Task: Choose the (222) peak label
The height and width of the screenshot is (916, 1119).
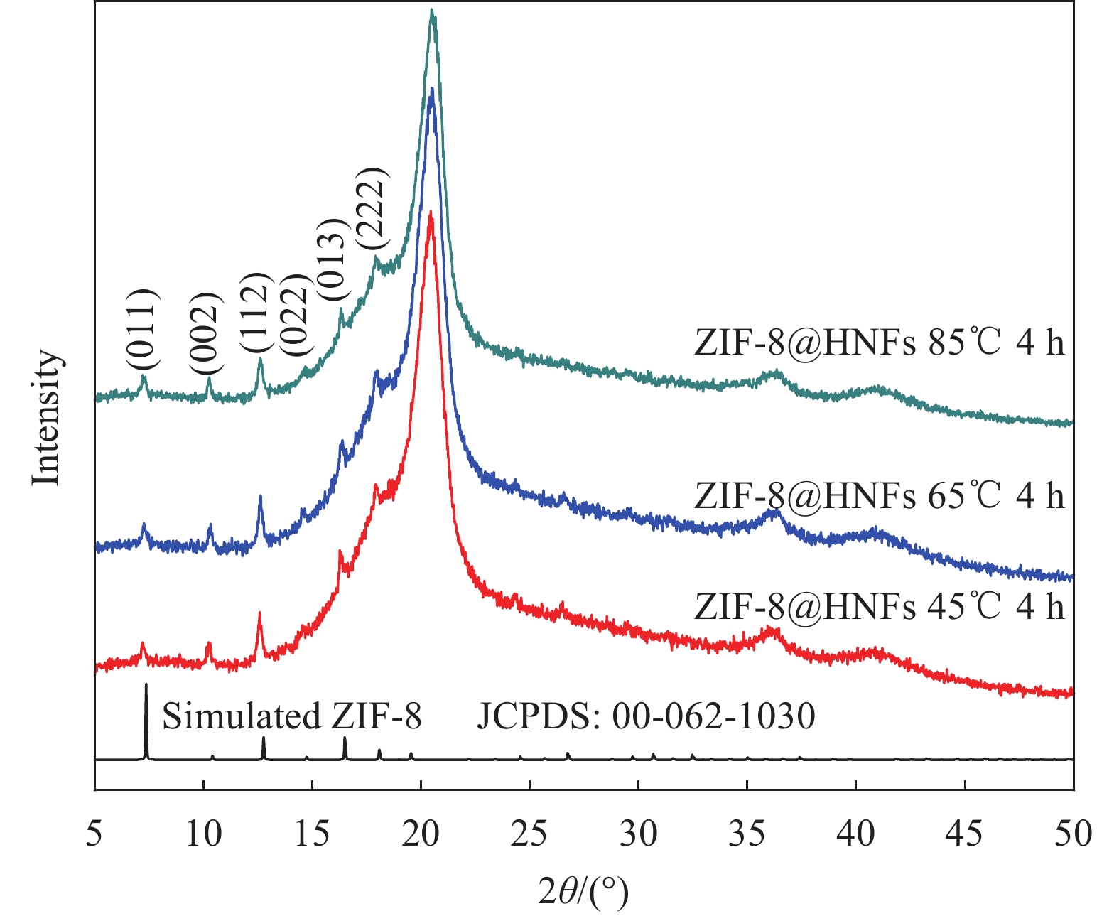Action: point(372,208)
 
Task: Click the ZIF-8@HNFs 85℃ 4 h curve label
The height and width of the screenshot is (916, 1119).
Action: point(880,343)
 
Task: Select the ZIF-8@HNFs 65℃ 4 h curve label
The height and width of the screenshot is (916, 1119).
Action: point(880,495)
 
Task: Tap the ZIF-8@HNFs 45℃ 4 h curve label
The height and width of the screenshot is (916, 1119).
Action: point(880,606)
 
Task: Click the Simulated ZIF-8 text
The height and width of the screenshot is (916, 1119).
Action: point(292,716)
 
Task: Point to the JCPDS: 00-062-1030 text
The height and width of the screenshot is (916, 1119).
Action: point(646,716)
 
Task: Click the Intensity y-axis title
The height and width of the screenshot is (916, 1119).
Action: point(47,418)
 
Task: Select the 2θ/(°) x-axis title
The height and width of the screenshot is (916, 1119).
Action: point(583,893)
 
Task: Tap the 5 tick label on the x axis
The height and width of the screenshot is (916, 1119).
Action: point(94,834)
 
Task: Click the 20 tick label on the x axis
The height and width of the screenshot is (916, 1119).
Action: point(421,834)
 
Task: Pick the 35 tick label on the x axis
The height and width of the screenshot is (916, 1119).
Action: point(747,834)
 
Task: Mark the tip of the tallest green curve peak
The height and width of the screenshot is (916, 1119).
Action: point(432,10)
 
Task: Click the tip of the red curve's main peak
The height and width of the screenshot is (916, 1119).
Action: point(431,212)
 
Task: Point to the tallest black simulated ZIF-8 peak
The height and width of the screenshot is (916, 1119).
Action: point(146,684)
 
